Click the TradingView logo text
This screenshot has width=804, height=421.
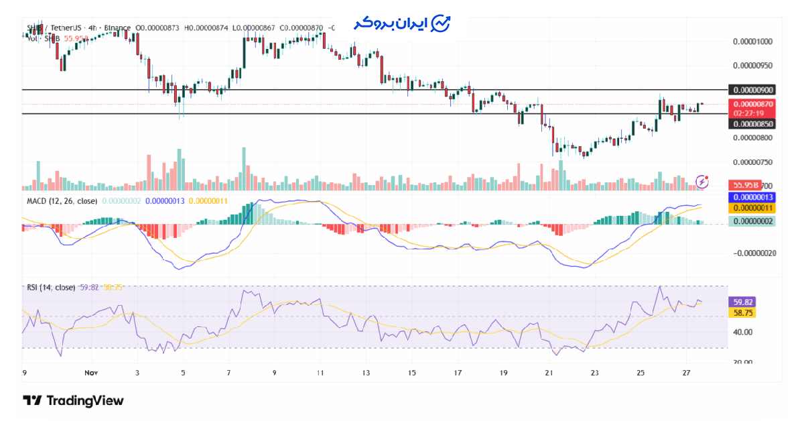click(x=74, y=401)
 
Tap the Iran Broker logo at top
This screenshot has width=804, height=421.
click(x=402, y=23)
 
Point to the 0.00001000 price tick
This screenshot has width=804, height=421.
click(x=752, y=42)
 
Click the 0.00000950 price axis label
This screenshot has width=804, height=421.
click(x=752, y=66)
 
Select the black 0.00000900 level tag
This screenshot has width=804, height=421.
click(x=752, y=90)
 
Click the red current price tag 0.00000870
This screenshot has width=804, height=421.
click(x=752, y=105)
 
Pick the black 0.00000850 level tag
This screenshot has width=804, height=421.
click(x=752, y=124)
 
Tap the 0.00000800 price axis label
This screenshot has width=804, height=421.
click(x=752, y=138)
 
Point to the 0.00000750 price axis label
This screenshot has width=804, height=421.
click(x=752, y=162)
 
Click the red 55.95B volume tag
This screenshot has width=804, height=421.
click(x=743, y=184)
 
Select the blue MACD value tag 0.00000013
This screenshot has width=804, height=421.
click(x=752, y=198)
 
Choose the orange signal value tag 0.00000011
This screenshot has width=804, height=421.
click(x=752, y=209)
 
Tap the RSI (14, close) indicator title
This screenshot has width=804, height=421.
click(x=51, y=288)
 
